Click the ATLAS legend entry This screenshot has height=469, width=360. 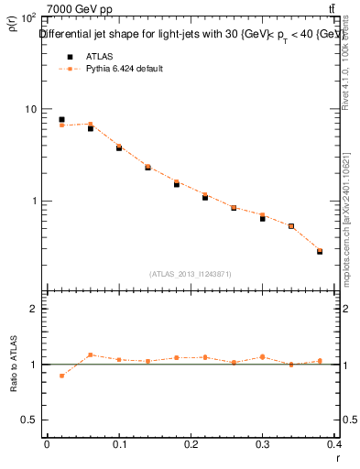point(96,56)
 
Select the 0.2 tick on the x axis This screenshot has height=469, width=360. point(191,444)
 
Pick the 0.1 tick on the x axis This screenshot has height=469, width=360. point(119,444)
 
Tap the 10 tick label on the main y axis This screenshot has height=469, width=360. point(30,109)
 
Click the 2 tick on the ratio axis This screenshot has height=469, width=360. point(33,309)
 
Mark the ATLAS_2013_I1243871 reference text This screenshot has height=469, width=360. point(191,274)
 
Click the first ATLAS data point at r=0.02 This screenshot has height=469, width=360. point(61,119)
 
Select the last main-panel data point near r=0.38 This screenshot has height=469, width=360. point(320,250)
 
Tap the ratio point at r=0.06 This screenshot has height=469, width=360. point(91,354)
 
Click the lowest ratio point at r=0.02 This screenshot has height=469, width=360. point(61,376)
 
